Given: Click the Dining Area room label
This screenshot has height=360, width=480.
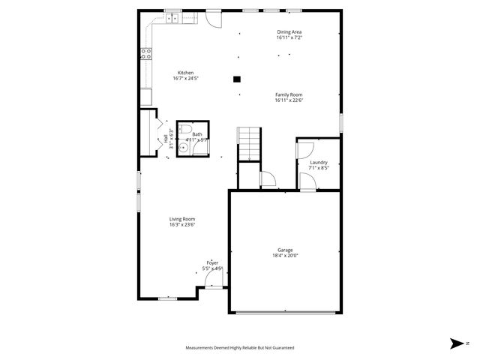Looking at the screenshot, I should pyautogui.click(x=289, y=32).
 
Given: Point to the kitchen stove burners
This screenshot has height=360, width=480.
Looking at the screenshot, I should pyautogui.click(x=146, y=52).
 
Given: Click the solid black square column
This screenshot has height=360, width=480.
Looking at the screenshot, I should pyautogui.click(x=237, y=78).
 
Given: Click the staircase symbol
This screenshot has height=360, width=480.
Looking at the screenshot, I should pyautogui.click(x=249, y=143).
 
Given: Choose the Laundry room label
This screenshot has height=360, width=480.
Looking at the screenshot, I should pyautogui.click(x=319, y=162).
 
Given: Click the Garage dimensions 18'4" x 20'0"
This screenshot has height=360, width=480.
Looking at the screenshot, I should pyautogui.click(x=285, y=256).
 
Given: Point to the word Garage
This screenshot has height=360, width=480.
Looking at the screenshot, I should pyautogui.click(x=285, y=250).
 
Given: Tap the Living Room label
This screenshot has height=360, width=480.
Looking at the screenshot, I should pyautogui.click(x=181, y=218).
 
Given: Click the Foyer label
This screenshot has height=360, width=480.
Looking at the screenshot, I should pyautogui.click(x=212, y=262).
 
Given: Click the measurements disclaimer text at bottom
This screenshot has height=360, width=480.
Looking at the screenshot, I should pyautogui.click(x=240, y=348).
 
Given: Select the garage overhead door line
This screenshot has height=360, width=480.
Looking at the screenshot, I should pyautogui.click(x=285, y=312).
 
